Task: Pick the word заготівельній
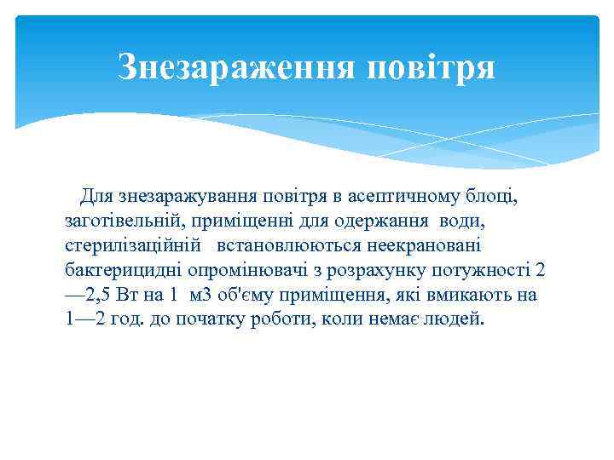(x=125, y=221)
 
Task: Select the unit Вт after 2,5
(x=130, y=296)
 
